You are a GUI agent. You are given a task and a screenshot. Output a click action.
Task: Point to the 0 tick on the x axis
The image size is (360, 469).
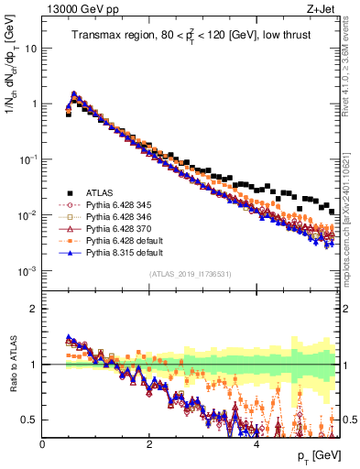point(42,443)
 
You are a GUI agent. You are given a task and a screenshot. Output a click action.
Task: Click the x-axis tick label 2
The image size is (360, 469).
point(148,443)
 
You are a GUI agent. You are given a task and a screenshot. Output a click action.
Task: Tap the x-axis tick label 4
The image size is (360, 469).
point(256,443)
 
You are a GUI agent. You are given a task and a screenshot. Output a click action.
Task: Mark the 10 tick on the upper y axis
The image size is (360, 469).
point(31,48)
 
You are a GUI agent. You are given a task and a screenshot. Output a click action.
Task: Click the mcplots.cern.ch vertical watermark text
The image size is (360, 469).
point(352,211)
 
